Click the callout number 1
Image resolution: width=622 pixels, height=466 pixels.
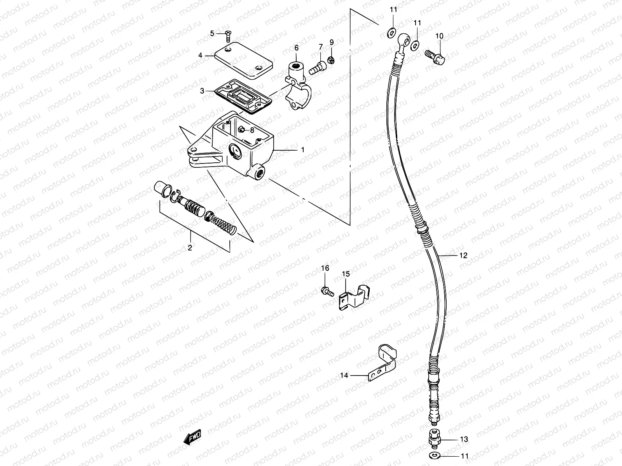303,150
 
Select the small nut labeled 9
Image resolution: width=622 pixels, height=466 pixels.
332,60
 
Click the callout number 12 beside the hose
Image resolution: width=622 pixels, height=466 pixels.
463,256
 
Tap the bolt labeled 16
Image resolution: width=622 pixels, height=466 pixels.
326,290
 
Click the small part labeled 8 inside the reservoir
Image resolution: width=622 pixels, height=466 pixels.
241,130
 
